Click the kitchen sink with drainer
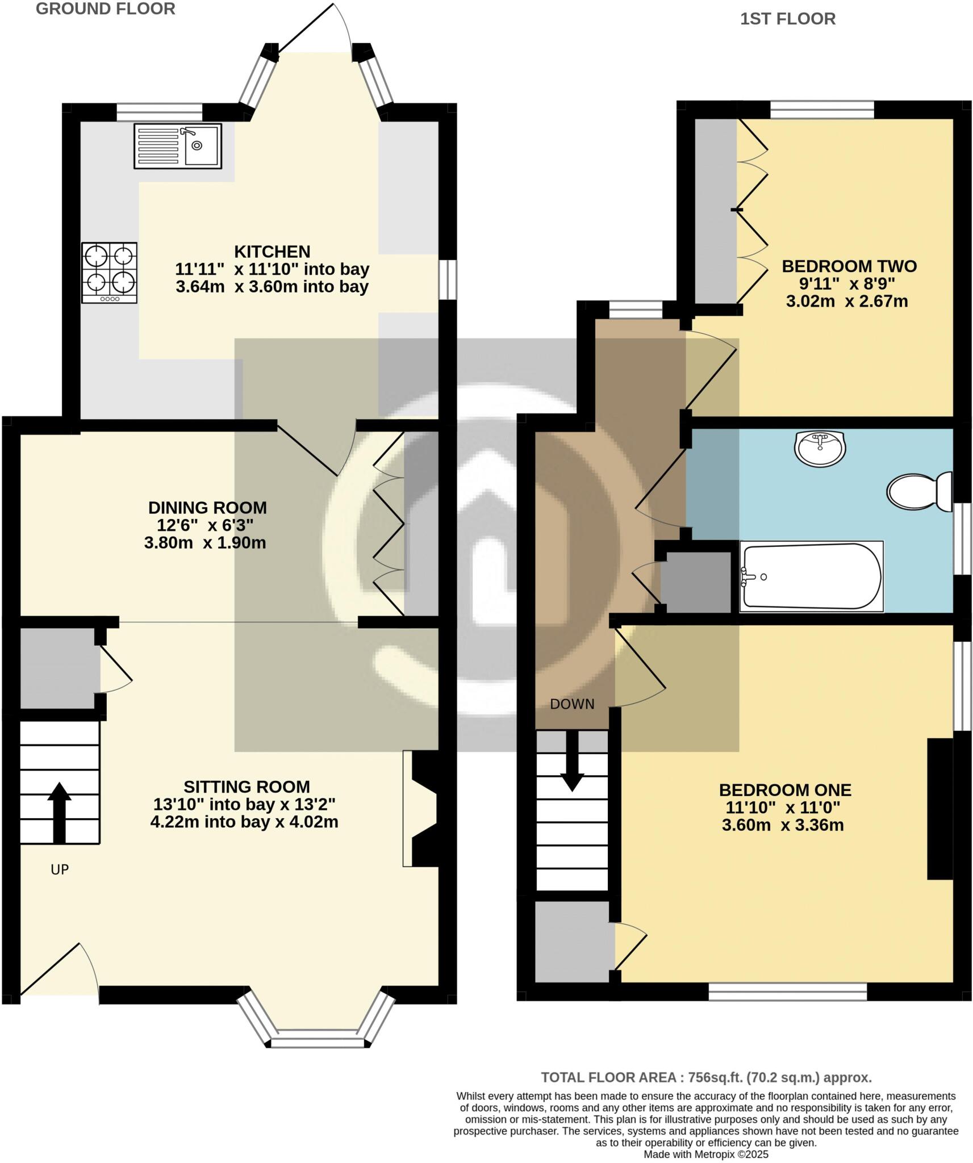click(178, 146)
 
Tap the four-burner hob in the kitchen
click(109, 273)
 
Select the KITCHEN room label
click(272, 252)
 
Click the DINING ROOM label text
click(207, 507)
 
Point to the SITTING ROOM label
click(247, 787)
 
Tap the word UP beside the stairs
click(60, 869)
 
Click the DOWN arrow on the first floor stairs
click(572, 762)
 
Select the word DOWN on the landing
click(572, 704)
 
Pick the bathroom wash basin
click(820, 448)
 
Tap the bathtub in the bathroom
click(811, 576)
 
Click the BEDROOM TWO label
click(849, 266)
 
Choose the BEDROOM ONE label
click(785, 790)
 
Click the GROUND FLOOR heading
click(106, 9)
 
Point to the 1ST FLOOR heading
click(788, 19)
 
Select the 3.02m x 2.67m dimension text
click(846, 301)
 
